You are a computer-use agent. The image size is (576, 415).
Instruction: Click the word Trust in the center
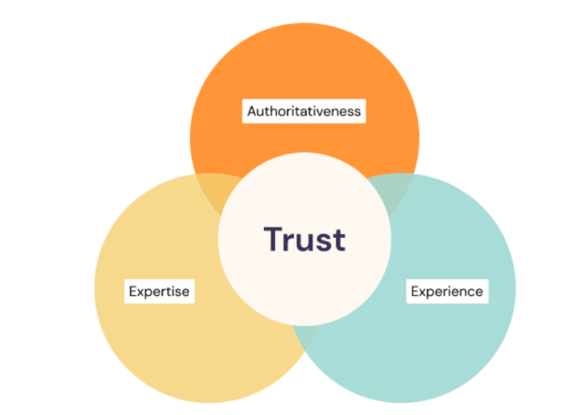pos(304,238)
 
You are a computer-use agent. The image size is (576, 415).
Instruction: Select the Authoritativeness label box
pos(304,111)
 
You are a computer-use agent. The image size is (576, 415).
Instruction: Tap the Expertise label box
pos(159,291)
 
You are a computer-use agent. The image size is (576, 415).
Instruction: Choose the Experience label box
pos(446,291)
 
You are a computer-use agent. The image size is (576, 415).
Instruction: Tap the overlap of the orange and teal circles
pos(395,190)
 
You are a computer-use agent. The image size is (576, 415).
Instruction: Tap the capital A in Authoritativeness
pos(252,111)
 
